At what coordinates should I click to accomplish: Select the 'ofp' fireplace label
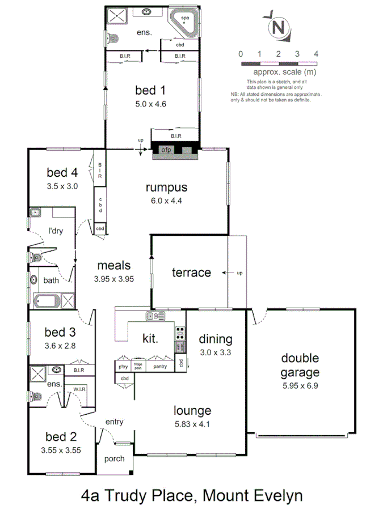[166, 150]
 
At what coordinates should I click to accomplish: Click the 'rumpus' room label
[166, 188]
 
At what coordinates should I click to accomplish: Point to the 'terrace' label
[191, 273]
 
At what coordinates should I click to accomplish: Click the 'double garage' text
[300, 365]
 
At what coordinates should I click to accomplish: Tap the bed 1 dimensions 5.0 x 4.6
[150, 104]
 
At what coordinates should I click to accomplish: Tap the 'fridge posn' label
[138, 365]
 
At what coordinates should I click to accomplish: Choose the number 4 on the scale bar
[316, 54]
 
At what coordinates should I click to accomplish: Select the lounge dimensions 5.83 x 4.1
[192, 423]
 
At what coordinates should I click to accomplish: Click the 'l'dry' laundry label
[56, 231]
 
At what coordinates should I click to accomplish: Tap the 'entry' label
[114, 422]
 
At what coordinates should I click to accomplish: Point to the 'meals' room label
[114, 265]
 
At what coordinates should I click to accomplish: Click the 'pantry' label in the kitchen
[160, 367]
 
